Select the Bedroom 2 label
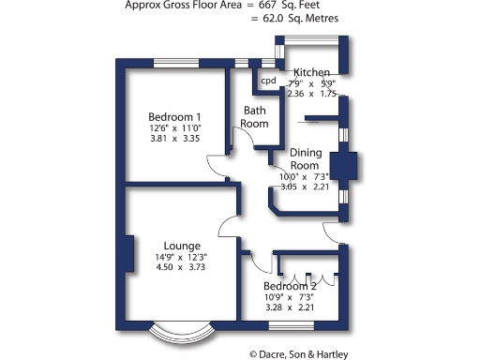click(289, 286)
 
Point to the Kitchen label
click(311, 72)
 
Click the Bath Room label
click(255, 116)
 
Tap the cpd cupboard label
click(268, 81)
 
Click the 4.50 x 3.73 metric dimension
click(180, 267)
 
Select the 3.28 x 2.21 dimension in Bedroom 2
click(289, 307)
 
